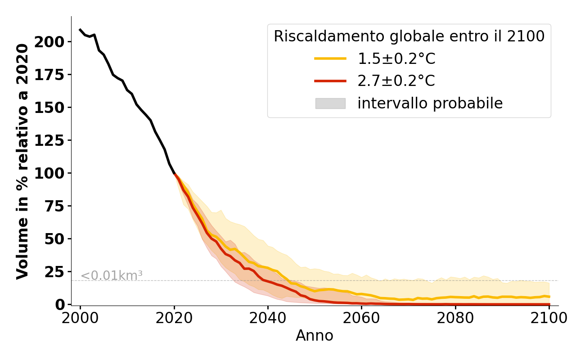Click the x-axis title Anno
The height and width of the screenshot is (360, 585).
pos(315,336)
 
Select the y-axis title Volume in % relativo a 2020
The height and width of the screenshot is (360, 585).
pos(22,161)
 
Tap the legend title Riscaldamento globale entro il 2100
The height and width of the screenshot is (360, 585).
pos(409,36)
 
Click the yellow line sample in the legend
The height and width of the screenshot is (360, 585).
pos(330,58)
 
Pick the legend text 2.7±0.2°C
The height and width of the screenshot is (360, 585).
pos(396,81)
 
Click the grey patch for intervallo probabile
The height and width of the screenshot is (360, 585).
pos(330,103)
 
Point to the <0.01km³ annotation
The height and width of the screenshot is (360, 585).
pos(112,275)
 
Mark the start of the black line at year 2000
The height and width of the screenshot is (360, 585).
pos(80,30)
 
